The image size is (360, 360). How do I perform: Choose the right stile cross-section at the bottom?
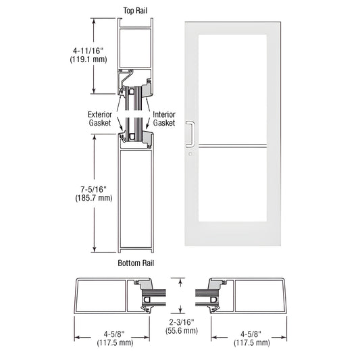click(x=247, y=294)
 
